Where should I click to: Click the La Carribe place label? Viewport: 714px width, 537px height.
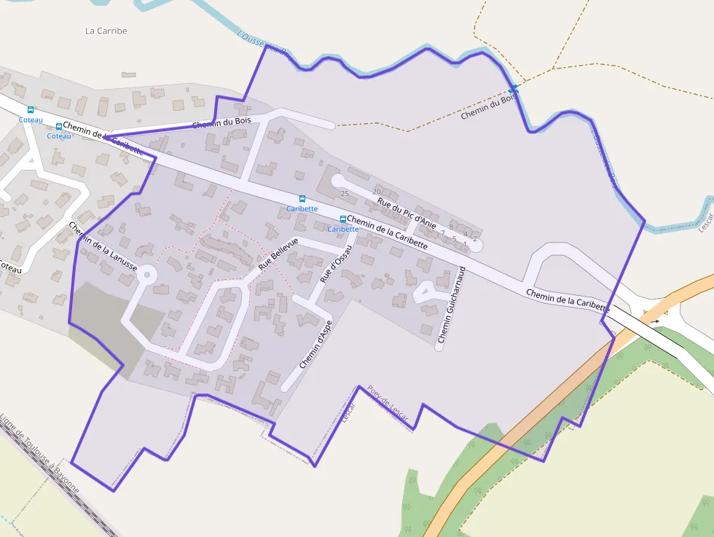[x=106, y=31]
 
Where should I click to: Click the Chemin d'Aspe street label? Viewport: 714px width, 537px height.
[x=315, y=344]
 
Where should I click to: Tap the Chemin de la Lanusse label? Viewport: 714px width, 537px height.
[x=103, y=246]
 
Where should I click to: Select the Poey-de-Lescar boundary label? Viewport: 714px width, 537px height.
[x=388, y=403]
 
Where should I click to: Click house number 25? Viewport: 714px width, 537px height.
[x=345, y=194]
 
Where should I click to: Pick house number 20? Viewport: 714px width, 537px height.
[x=377, y=192]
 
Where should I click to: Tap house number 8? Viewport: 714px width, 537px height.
[x=451, y=227]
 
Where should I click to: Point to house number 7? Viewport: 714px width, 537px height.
[x=442, y=233]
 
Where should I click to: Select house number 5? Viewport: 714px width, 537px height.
[x=454, y=239]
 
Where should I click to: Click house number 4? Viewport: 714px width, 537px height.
[x=466, y=233]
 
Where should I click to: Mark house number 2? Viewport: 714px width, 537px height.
[x=475, y=239]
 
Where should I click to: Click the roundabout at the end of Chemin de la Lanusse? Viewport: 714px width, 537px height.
[x=147, y=275]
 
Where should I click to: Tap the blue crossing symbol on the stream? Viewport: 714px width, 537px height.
[x=514, y=87]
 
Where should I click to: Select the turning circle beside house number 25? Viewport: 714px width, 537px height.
[x=337, y=180]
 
